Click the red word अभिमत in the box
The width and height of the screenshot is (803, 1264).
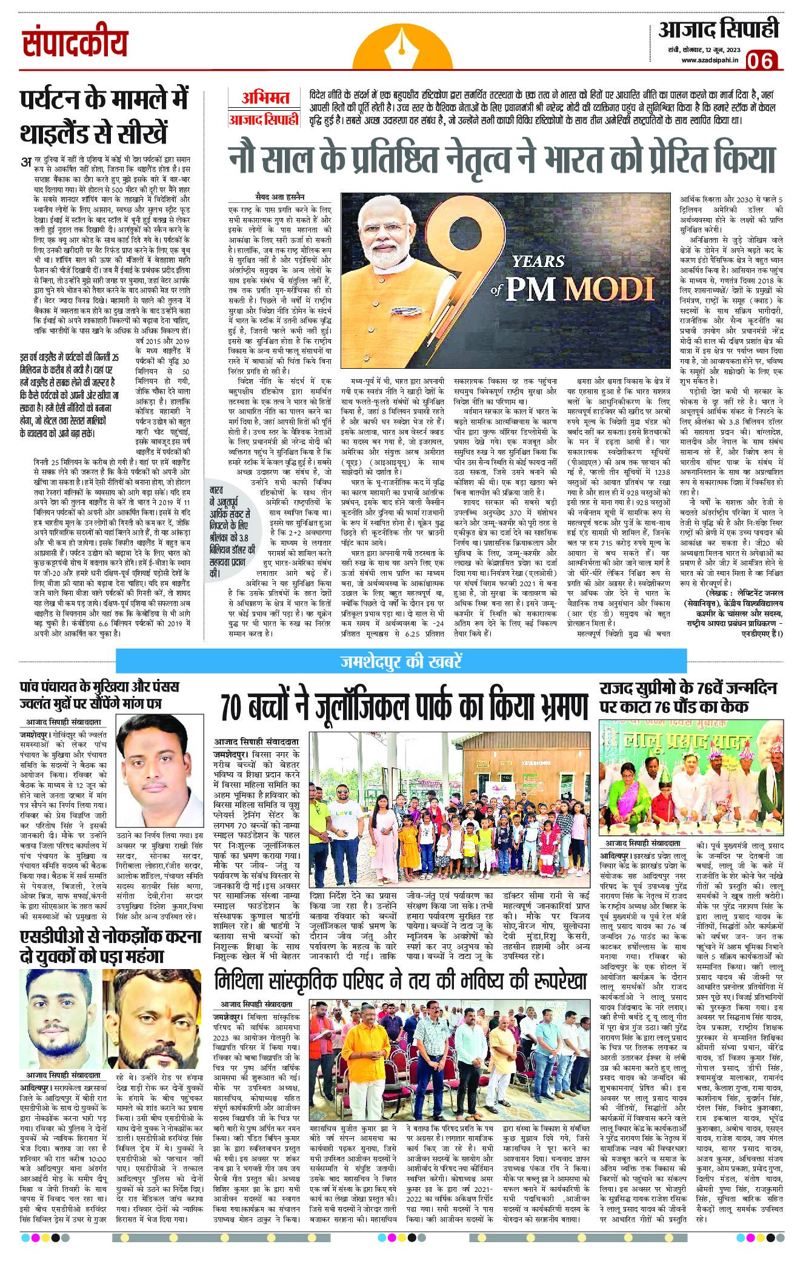[x=263, y=97]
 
